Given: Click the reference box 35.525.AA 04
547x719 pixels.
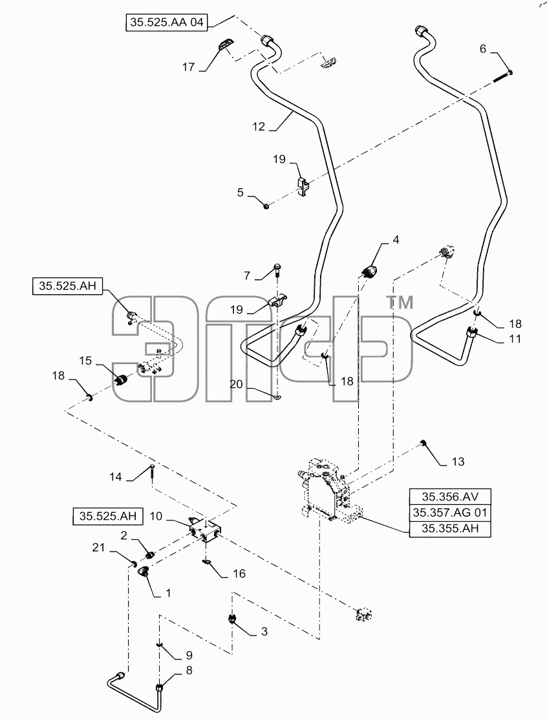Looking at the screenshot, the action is coord(166,22).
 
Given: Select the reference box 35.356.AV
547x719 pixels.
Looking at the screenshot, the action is coord(450,497).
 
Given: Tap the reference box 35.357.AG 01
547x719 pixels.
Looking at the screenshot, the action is coord(450,513).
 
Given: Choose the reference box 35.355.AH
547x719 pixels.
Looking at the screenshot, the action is coord(450,529).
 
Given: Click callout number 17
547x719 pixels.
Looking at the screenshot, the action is coord(188,67).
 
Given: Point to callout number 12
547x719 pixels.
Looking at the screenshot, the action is coord(259,126).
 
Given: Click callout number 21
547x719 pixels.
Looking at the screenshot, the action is coord(98,547).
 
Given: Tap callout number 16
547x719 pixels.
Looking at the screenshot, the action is coord(239,573).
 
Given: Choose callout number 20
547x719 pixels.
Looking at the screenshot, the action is coord(236,383).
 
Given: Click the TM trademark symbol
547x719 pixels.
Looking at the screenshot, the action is coord(400,303).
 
